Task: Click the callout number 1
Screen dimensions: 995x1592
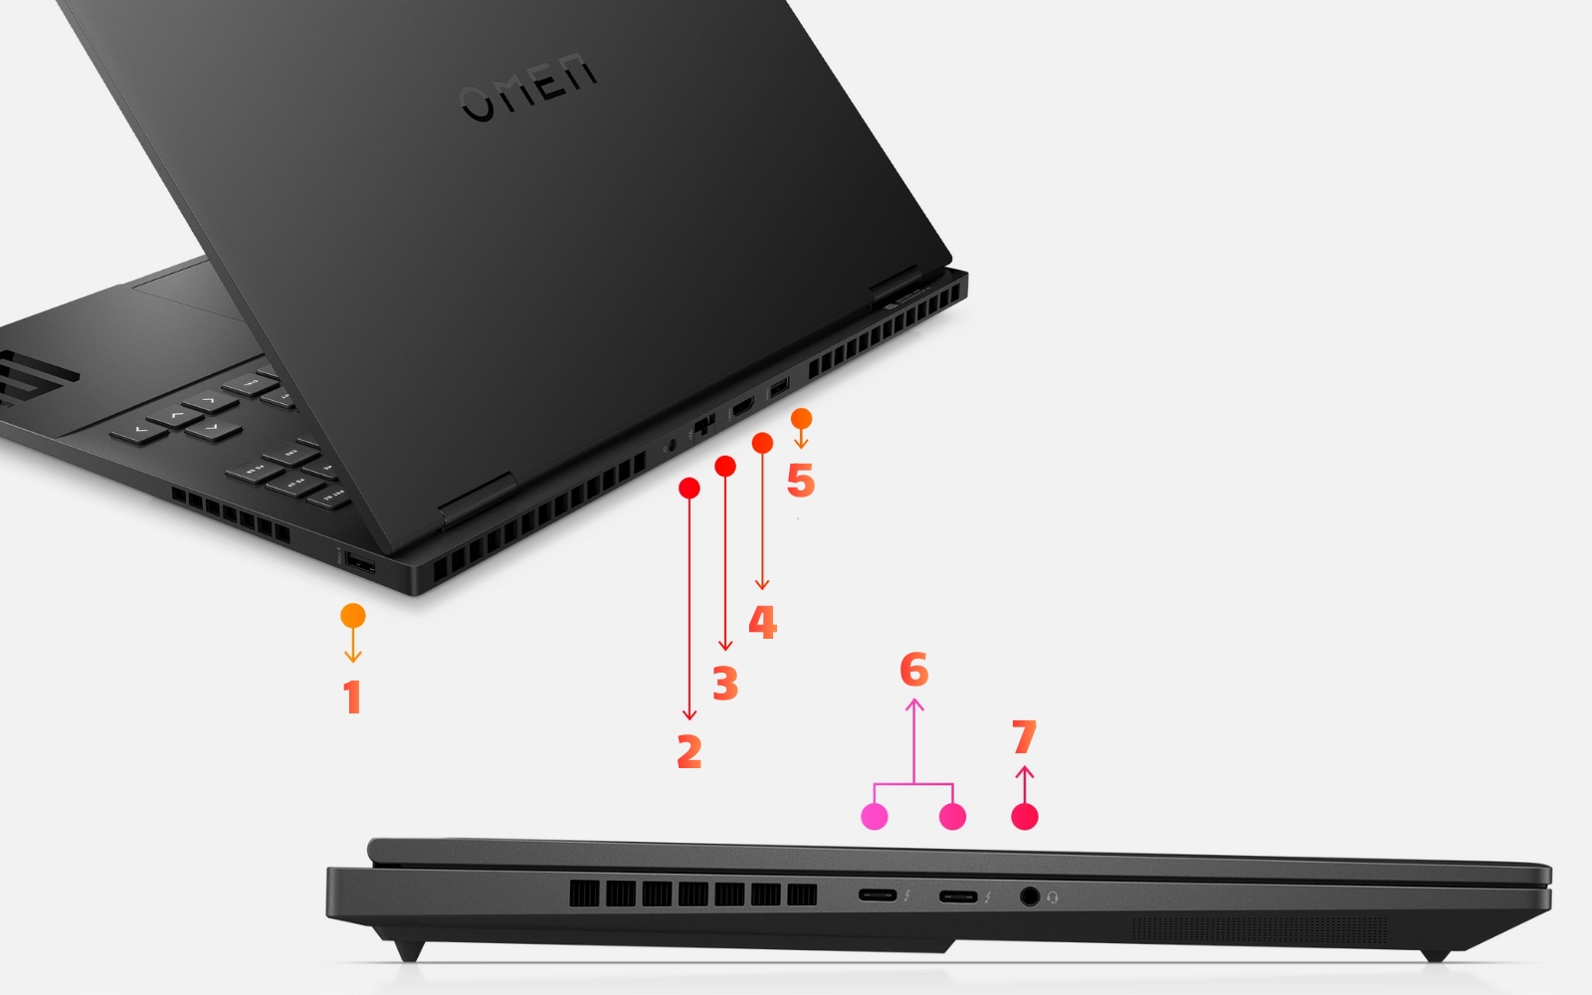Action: coord(351,697)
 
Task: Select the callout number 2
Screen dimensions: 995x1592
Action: coord(690,751)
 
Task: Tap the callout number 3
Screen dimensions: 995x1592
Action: coord(725,685)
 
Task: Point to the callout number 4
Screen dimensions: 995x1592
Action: coord(762,622)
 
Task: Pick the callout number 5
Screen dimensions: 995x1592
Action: coord(800,481)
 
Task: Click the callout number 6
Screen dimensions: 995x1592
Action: coord(913,670)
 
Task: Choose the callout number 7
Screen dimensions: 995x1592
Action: coord(1024,737)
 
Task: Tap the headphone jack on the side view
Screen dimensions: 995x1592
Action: coord(1030,896)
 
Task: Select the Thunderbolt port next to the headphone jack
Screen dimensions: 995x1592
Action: coord(957,896)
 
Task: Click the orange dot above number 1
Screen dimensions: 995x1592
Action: coord(352,616)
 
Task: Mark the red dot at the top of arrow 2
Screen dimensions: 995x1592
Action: coord(689,488)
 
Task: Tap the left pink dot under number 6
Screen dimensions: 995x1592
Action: coord(874,817)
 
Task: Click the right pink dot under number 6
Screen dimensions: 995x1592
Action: coord(952,817)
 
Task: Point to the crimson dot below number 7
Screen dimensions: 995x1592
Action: coord(1024,817)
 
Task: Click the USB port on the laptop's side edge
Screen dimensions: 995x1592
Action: coord(359,565)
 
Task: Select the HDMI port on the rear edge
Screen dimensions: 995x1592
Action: coord(742,406)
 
